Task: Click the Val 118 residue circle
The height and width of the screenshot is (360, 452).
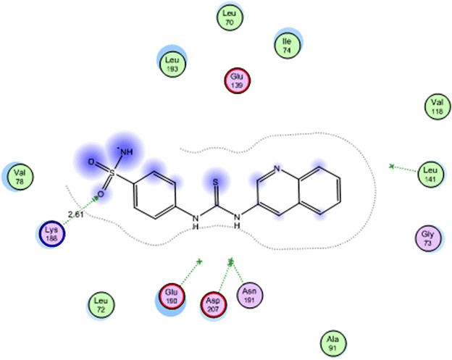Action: pos(435,108)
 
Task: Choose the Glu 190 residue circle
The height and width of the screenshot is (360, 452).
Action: pos(171,297)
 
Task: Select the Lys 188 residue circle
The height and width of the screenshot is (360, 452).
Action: pos(51,233)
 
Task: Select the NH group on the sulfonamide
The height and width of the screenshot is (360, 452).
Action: pos(126,152)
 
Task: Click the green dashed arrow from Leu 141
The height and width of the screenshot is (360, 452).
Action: pos(406,169)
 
